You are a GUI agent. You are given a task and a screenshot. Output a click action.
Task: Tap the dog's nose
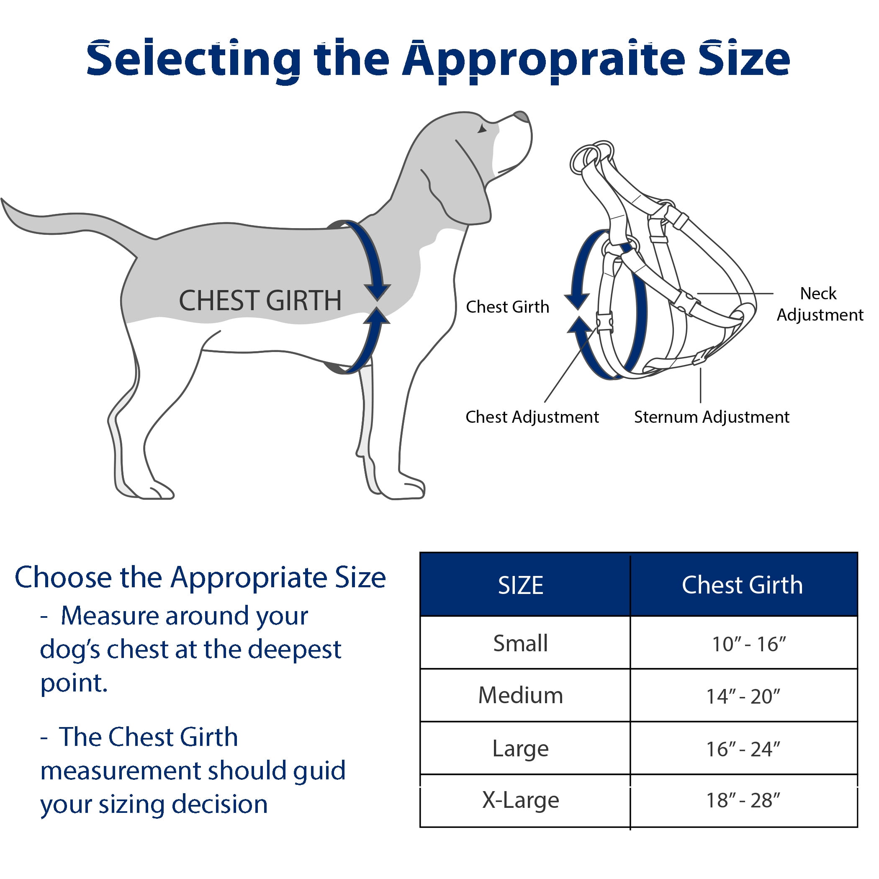[x=522, y=116]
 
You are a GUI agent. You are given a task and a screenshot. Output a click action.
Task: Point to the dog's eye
[x=482, y=129]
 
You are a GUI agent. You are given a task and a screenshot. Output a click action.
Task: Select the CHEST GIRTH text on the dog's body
[x=260, y=300]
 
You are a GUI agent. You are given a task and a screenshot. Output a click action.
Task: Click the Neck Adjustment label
[x=820, y=304]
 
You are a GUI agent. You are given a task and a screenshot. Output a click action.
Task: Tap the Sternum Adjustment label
[x=712, y=417]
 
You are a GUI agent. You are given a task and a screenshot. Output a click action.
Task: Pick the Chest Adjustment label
[x=532, y=417]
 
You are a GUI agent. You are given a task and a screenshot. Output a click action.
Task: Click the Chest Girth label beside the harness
[x=507, y=307]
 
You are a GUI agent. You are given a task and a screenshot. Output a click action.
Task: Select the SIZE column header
[x=520, y=585]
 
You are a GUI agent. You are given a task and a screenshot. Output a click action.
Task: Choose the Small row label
[x=520, y=643]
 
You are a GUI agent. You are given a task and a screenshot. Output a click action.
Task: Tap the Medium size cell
[x=520, y=695]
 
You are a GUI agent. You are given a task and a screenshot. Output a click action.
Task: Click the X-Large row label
[x=520, y=800]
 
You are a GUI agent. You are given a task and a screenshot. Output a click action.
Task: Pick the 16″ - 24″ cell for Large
[x=743, y=749]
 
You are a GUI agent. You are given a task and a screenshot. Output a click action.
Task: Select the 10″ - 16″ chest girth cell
[x=749, y=644]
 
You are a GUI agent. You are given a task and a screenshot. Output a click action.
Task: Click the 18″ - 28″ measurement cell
[x=743, y=801]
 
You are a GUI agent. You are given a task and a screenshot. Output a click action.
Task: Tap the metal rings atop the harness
[x=591, y=155]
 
